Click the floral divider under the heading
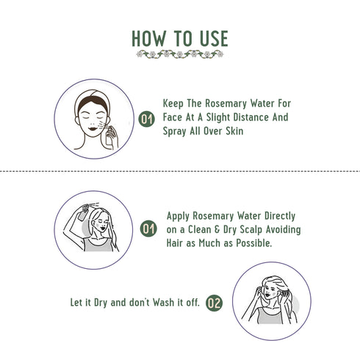pos(180,54)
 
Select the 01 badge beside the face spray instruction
pos(148,118)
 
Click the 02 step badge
pos(214,302)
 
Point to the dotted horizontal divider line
pos(180,170)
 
